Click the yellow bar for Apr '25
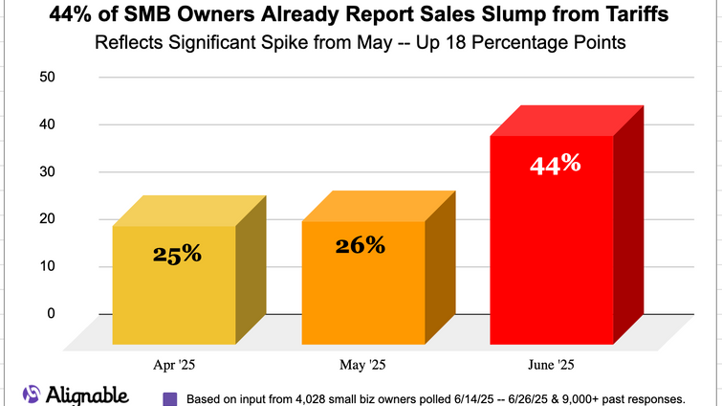(x=174, y=287)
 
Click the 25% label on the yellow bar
(x=177, y=254)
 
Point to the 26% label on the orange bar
(x=360, y=245)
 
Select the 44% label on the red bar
(x=555, y=164)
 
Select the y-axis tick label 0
(x=52, y=313)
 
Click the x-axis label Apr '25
(x=175, y=365)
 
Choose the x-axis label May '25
(x=362, y=365)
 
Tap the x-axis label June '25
(x=551, y=365)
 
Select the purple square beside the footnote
(x=169, y=398)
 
